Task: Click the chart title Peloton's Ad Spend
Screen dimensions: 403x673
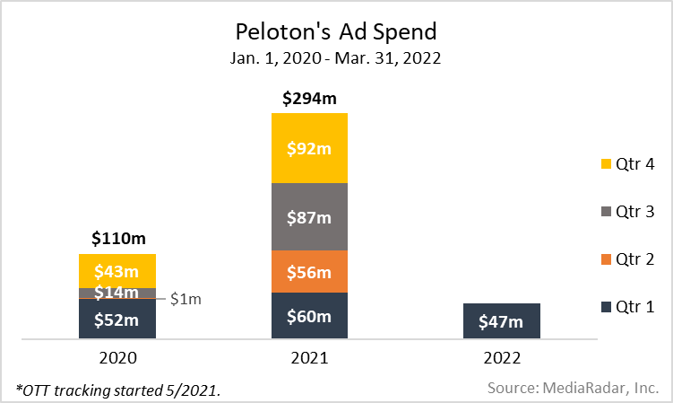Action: click(x=336, y=32)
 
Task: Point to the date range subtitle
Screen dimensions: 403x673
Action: click(x=336, y=60)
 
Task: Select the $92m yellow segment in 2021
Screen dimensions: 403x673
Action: click(x=309, y=148)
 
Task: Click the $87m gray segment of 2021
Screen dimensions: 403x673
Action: click(x=309, y=217)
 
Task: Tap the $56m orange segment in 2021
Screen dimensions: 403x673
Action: click(x=309, y=272)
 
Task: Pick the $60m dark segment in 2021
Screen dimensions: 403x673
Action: click(x=309, y=316)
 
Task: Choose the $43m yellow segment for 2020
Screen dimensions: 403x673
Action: click(x=117, y=271)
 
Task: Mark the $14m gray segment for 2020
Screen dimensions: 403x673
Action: click(x=117, y=293)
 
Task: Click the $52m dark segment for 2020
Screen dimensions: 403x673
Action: click(x=117, y=319)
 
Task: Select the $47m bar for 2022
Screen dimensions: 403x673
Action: click(x=502, y=320)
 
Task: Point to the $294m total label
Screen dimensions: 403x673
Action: click(x=309, y=99)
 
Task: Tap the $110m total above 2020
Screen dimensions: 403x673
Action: click(x=118, y=239)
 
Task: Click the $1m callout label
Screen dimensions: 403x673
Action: click(x=186, y=299)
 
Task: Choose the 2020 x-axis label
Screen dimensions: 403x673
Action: click(x=118, y=357)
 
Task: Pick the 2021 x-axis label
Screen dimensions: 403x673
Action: click(x=309, y=357)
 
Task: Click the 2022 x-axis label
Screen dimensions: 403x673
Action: click(x=501, y=357)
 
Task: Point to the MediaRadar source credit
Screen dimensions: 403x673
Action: click(x=573, y=388)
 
